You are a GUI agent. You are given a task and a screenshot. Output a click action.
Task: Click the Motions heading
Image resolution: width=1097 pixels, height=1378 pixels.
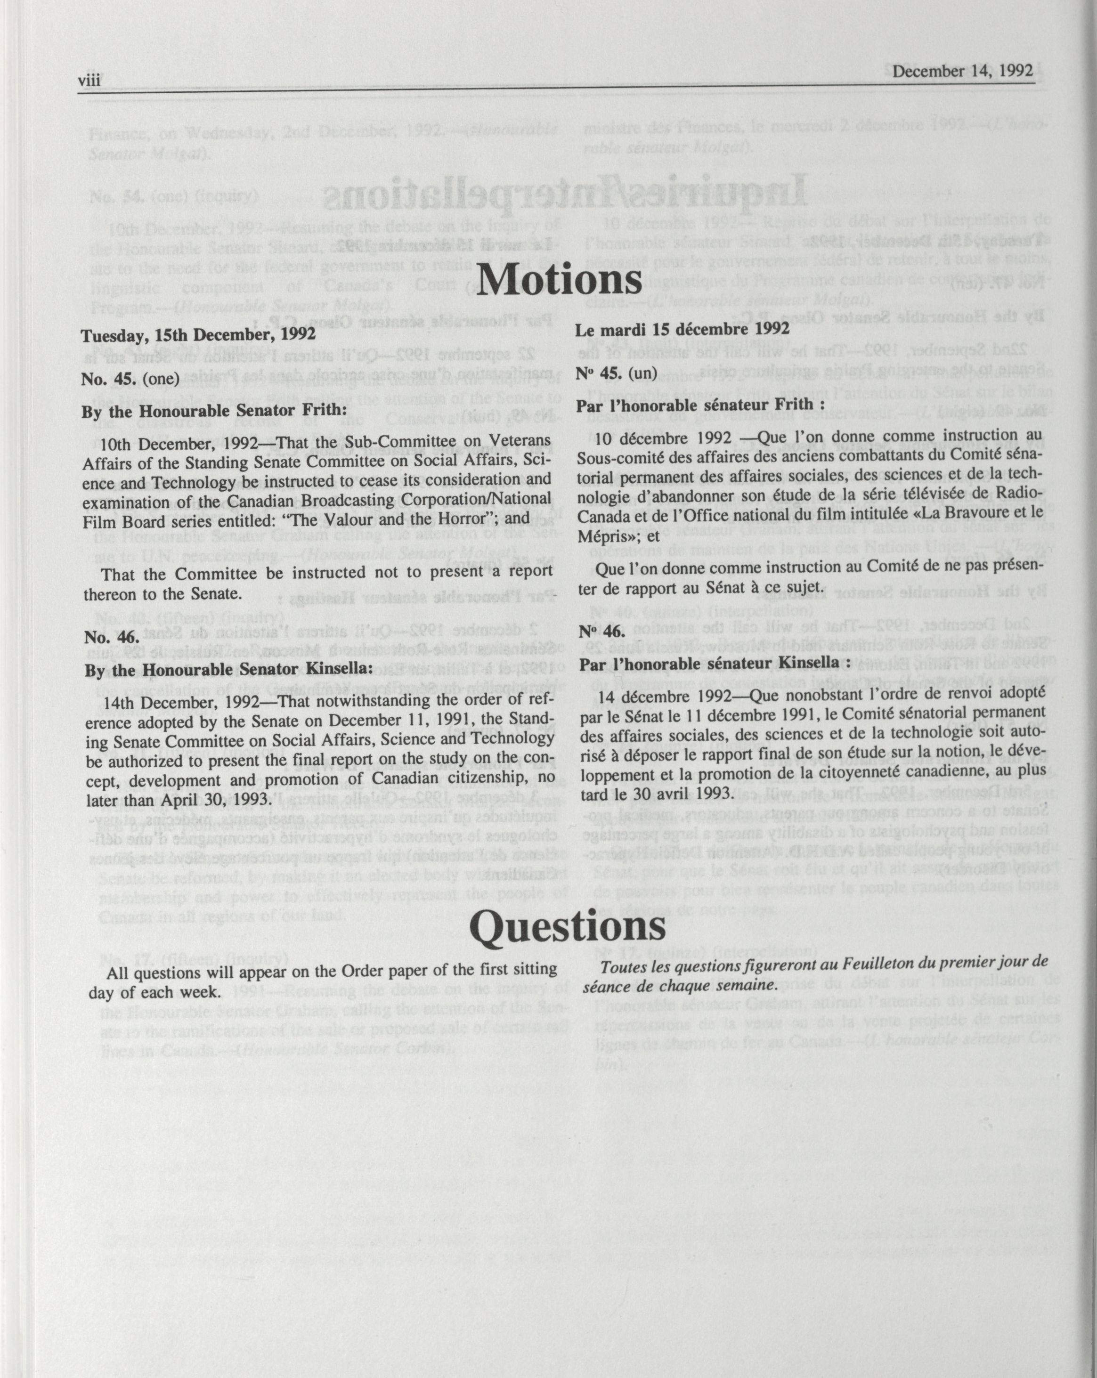click(559, 279)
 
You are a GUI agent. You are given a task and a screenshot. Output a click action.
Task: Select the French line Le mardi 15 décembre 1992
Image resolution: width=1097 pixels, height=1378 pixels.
click(683, 329)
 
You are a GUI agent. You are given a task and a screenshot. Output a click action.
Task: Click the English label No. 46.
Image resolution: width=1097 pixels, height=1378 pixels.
click(103, 637)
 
